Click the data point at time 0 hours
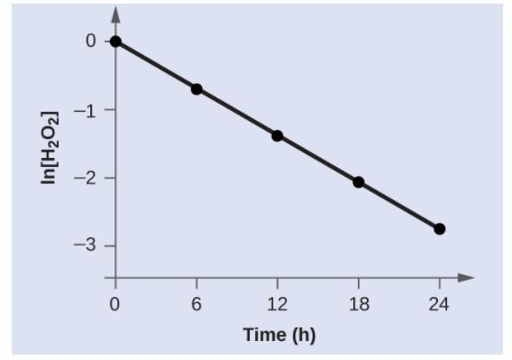coord(115,42)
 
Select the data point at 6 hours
coord(197,88)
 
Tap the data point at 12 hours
coord(277,135)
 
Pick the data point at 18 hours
coord(358,182)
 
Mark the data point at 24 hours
coord(439,228)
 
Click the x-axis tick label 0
coord(115,304)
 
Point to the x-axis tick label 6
coord(197,304)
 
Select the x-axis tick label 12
coord(277,304)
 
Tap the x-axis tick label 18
coord(358,304)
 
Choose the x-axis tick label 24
coord(439,304)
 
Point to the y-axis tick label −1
coord(86,109)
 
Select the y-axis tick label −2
coord(86,178)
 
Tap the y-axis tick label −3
coord(86,245)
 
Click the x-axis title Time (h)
coord(279,335)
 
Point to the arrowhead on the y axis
coord(115,16)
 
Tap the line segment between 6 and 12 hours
coord(236,112)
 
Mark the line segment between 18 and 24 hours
coord(398,206)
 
